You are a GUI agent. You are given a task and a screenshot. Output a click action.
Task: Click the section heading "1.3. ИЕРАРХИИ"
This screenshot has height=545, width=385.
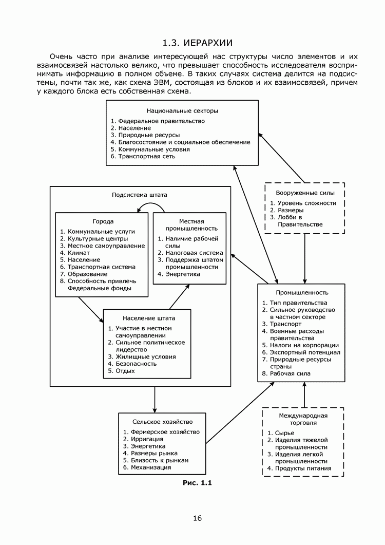point(197,43)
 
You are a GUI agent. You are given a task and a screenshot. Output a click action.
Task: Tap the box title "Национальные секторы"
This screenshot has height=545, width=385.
point(182,110)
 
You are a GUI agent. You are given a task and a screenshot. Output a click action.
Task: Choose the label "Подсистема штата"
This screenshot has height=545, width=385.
point(140,195)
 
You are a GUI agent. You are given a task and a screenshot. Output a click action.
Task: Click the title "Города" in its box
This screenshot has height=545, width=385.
point(103,221)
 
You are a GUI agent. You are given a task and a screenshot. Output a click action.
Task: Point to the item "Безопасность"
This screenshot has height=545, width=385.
point(136,363)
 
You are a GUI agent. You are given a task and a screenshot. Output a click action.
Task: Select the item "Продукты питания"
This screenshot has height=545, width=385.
point(303,468)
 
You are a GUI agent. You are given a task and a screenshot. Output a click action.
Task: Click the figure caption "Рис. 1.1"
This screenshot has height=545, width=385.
point(197,482)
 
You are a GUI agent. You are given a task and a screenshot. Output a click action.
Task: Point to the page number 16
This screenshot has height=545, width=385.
point(198,518)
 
